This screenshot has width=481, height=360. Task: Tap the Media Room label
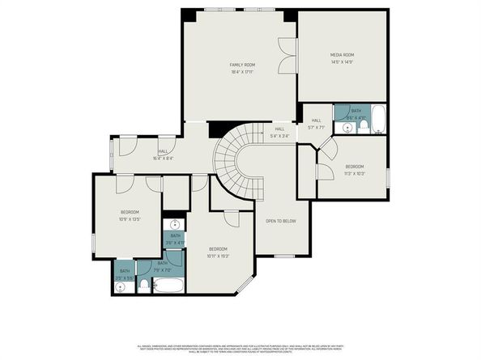tap(342, 55)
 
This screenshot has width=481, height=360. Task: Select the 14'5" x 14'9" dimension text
tap(342, 62)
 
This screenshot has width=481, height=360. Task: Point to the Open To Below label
tap(281, 220)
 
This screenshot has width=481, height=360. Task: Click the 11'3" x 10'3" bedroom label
tap(355, 169)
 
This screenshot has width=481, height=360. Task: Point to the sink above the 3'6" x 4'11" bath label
tap(175, 225)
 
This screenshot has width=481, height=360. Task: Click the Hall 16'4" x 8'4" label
tap(163, 154)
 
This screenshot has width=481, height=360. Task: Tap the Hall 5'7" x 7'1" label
tap(316, 123)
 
